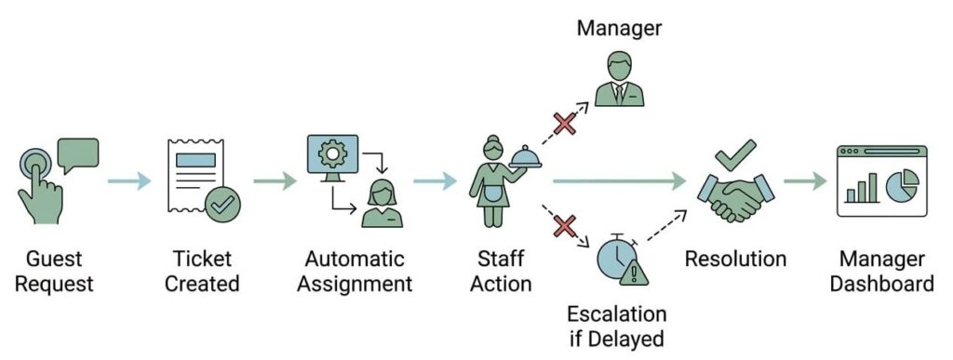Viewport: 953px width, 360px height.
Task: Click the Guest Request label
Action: point(55,272)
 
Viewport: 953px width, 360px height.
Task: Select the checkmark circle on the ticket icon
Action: point(222,205)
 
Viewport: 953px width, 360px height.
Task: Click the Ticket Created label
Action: point(202,272)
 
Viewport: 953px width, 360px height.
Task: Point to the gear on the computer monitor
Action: point(332,153)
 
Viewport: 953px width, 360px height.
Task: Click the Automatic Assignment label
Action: point(355,272)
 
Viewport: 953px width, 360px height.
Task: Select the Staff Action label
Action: point(501,272)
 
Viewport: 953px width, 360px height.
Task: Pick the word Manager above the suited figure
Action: point(619,28)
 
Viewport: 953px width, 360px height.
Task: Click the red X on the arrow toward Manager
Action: point(565,123)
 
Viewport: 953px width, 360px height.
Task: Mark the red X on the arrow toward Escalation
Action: point(565,227)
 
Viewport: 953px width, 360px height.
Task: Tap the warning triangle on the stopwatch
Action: point(634,273)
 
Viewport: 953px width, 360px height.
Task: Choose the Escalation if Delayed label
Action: point(616,326)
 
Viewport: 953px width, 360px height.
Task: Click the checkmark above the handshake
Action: point(735,154)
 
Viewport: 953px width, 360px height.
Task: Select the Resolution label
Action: point(735,260)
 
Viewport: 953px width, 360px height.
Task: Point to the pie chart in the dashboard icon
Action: point(902,185)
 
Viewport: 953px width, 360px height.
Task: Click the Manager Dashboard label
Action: point(882,272)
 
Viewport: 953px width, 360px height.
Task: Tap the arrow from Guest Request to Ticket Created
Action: point(129,180)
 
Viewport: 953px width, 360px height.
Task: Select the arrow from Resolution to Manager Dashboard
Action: point(805,180)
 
